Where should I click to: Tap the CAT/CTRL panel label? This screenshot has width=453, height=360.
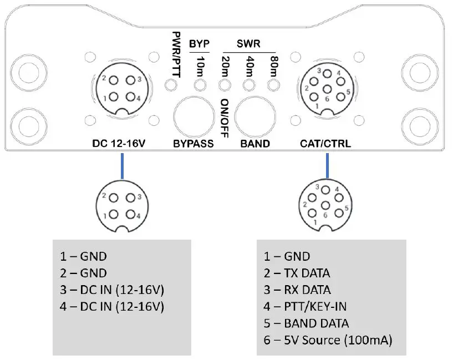point(325,144)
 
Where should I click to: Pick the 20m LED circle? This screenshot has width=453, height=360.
point(225,85)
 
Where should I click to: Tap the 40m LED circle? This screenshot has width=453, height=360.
point(249,85)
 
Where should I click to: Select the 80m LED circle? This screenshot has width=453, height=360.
point(272,85)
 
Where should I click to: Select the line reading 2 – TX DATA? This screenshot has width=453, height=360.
point(296,273)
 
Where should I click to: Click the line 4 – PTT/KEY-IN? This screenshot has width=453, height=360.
point(307,306)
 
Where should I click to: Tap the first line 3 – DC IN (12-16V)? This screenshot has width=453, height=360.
point(113,290)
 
